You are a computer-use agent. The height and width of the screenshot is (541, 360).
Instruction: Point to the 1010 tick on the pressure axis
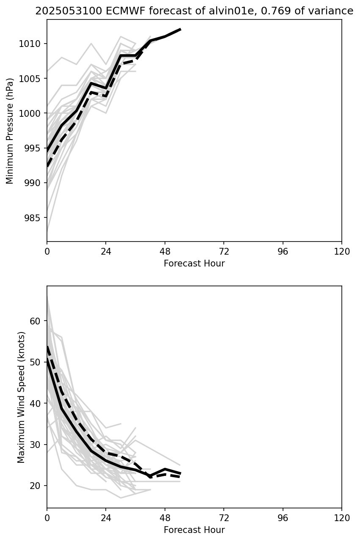(x=31, y=44)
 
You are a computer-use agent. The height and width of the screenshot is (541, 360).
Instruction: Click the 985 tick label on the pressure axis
(x=33, y=218)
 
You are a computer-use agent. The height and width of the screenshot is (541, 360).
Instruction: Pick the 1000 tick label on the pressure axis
(x=31, y=113)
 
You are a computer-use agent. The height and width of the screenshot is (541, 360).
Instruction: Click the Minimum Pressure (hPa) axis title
(x=10, y=131)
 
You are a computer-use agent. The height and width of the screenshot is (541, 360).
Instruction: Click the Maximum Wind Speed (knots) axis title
(x=22, y=397)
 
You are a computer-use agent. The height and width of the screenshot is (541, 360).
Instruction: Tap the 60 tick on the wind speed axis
(x=37, y=321)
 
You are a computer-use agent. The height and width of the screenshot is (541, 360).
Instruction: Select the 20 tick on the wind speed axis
(x=37, y=486)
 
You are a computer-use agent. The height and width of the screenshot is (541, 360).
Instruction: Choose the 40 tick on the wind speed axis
(x=37, y=404)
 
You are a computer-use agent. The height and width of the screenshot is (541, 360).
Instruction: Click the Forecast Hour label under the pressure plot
(x=194, y=264)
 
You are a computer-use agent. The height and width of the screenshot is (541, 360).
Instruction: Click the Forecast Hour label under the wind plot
(x=194, y=530)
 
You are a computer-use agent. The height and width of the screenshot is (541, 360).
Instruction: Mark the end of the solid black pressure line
(x=181, y=29)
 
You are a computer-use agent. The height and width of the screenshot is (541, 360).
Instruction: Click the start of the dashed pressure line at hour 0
(x=47, y=166)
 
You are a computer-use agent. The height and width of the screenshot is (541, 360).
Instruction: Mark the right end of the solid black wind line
(x=181, y=473)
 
